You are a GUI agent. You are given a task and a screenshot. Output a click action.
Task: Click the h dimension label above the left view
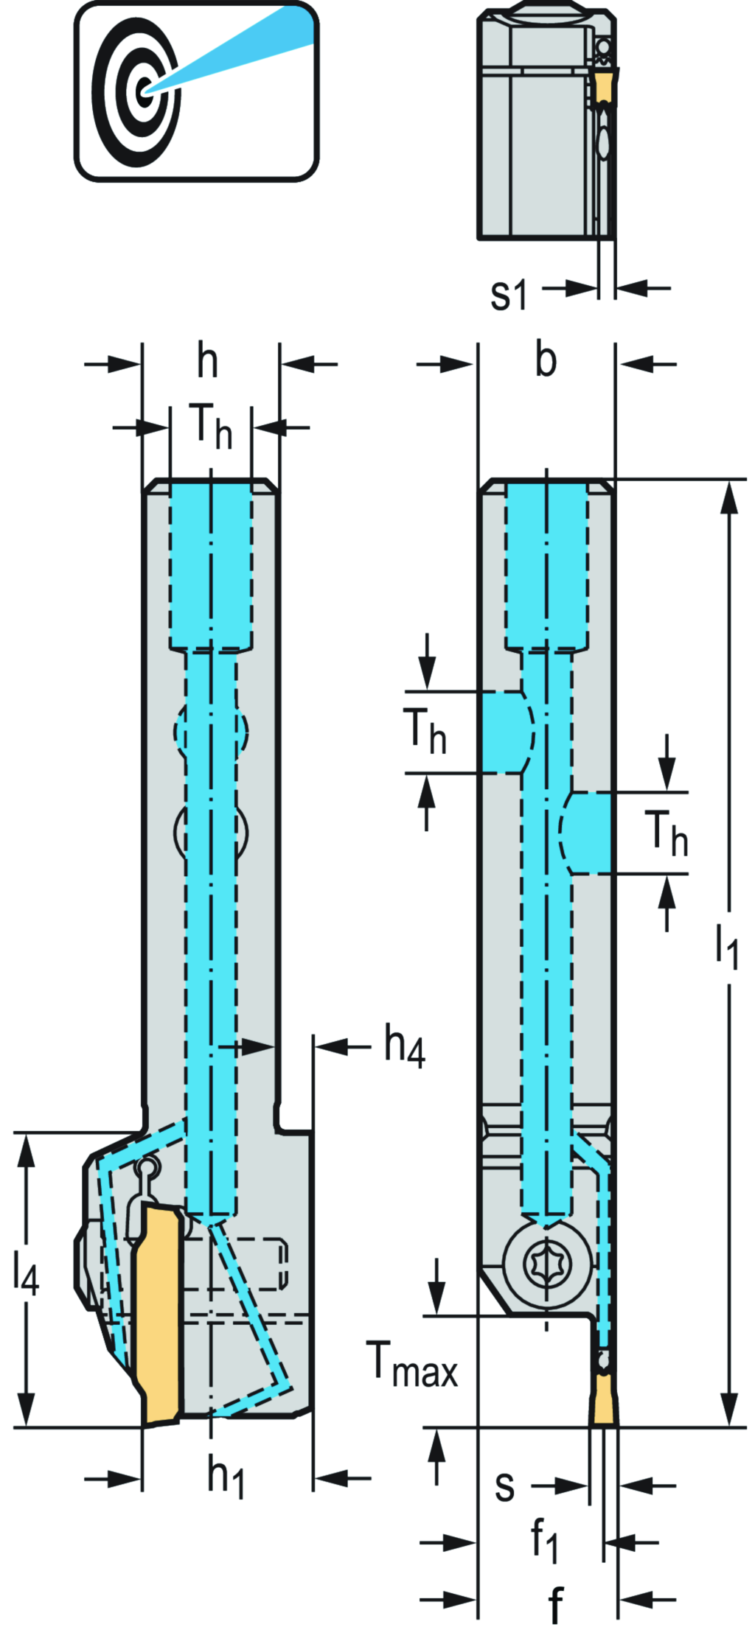click(x=208, y=362)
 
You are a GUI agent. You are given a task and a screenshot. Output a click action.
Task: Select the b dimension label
click(x=546, y=361)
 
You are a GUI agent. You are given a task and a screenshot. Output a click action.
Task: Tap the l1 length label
click(x=726, y=946)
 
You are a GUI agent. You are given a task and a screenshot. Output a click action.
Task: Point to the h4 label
click(x=404, y=1046)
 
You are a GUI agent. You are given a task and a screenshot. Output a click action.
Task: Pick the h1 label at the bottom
click(x=225, y=1477)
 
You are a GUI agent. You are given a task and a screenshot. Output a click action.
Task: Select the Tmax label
click(x=411, y=1365)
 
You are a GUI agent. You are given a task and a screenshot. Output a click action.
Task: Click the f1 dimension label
click(x=545, y=1539)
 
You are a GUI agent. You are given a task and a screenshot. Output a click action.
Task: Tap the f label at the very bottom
click(x=555, y=1604)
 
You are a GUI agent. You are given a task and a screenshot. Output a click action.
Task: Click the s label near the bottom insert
click(x=504, y=1485)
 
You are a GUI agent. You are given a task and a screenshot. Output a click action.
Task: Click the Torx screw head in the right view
click(x=547, y=1263)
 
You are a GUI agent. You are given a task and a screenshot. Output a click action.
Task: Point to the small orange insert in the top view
click(x=604, y=85)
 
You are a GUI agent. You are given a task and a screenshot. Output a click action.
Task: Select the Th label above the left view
click(x=211, y=426)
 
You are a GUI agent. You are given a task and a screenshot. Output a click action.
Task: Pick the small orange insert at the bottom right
click(x=604, y=1399)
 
